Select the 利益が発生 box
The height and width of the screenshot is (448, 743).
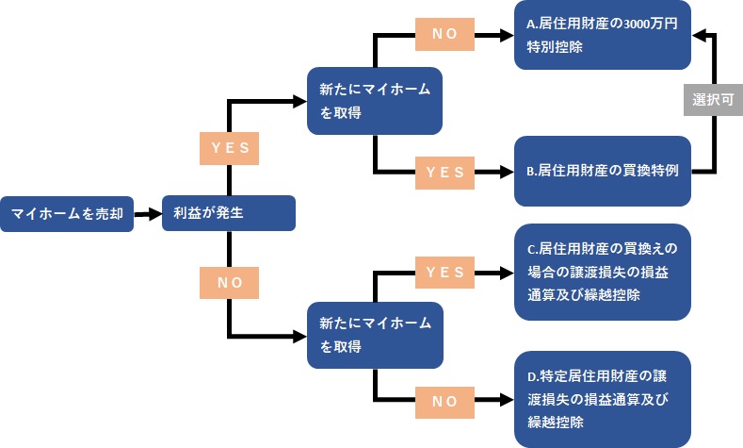(229, 213)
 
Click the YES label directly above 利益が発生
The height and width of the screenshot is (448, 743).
(229, 147)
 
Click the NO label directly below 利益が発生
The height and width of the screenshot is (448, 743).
(229, 281)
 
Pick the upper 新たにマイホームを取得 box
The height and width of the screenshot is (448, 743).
(375, 100)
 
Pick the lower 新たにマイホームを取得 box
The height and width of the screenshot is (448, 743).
(375, 334)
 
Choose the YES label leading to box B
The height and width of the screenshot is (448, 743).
(445, 173)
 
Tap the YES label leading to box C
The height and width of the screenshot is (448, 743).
(445, 273)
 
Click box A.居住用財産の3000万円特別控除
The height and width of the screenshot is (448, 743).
(603, 35)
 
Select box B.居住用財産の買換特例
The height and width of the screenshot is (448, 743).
(603, 172)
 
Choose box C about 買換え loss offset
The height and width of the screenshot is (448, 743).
(603, 272)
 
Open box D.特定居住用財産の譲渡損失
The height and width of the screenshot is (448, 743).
(603, 399)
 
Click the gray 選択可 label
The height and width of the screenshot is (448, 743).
(712, 99)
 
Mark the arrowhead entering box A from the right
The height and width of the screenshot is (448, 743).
(699, 35)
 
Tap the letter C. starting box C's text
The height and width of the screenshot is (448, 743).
(532, 250)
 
